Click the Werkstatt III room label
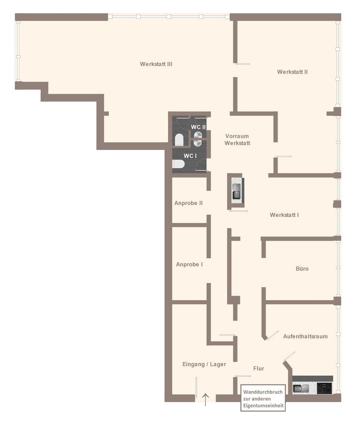156,64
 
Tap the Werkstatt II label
292,72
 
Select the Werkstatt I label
284,215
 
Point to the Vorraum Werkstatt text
237,140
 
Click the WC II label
198,127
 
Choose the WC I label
190,156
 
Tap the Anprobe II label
189,203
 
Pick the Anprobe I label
189,264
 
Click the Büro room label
302,269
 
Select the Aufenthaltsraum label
306,336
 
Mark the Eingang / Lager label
204,364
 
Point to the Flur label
259,369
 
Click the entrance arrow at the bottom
206,400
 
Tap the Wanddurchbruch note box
263,398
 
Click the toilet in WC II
179,140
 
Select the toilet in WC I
178,164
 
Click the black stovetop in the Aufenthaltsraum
325,388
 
